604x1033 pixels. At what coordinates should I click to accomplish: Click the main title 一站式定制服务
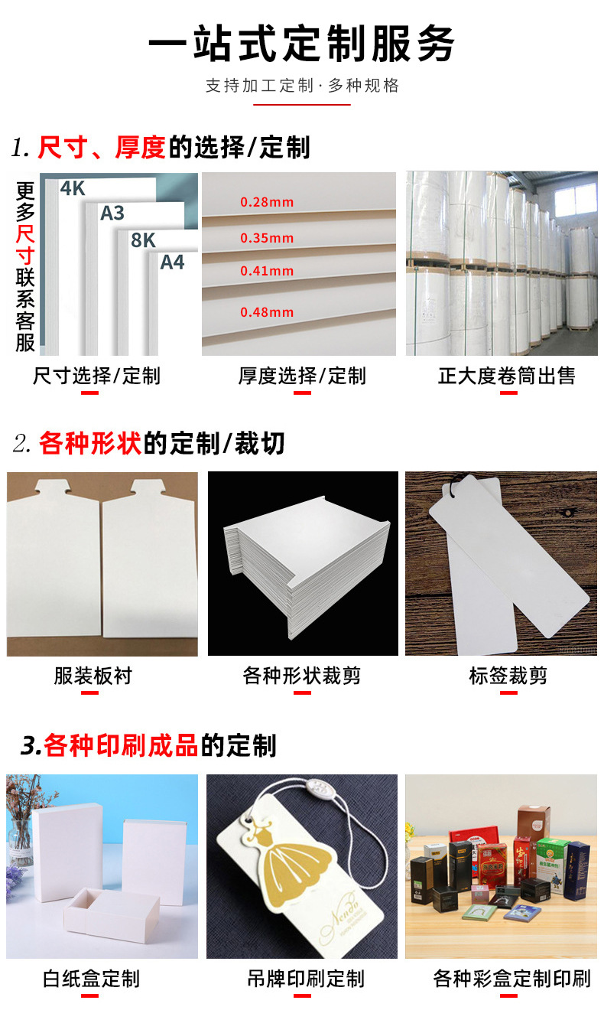[x=301, y=43]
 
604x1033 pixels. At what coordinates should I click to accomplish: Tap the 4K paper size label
[x=73, y=188]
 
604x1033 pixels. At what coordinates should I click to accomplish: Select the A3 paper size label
[x=112, y=213]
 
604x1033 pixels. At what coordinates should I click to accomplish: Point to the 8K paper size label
[x=143, y=240]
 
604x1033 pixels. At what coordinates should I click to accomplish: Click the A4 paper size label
[x=172, y=262]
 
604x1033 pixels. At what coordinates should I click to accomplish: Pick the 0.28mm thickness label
[x=267, y=203]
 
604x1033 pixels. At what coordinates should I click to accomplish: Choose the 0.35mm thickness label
[x=267, y=238]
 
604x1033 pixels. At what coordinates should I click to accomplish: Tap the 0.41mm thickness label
[x=267, y=271]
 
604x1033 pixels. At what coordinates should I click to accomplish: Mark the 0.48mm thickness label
[x=267, y=312]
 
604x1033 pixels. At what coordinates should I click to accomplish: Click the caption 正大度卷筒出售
[x=506, y=376]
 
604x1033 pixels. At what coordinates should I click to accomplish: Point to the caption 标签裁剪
[x=508, y=676]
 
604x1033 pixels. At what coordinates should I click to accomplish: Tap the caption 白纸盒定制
[x=91, y=979]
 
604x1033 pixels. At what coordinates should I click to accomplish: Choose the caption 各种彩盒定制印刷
[x=511, y=979]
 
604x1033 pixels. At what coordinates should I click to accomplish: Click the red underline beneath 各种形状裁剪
[x=302, y=693]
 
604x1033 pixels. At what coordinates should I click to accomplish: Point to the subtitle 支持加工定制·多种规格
[x=302, y=86]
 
